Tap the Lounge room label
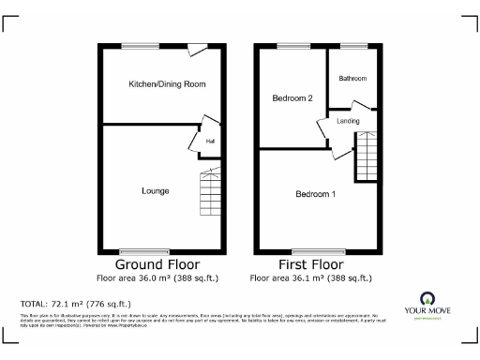(156, 191)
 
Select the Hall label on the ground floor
(210, 142)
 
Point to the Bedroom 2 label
(292, 97)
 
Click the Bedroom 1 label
(315, 194)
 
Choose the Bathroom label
(352, 78)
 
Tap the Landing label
(349, 121)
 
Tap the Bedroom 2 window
(292, 45)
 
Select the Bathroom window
(352, 45)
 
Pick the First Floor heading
(312, 265)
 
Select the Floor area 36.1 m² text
(312, 278)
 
